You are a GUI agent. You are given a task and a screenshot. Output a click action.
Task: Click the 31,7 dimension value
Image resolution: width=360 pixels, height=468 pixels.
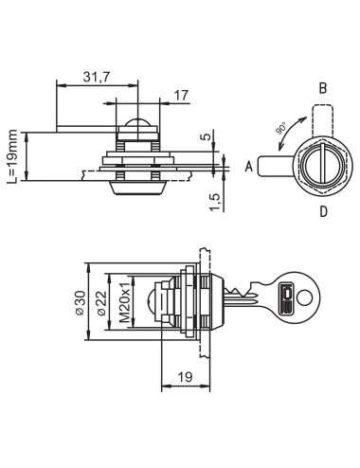(x=97, y=77)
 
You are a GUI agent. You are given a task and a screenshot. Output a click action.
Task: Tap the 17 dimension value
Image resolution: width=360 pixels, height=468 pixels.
(x=181, y=96)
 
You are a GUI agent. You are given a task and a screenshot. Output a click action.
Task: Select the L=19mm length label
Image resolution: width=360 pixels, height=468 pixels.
(x=13, y=156)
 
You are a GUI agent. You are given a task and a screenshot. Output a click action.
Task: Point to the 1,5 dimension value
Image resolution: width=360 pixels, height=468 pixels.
(x=215, y=202)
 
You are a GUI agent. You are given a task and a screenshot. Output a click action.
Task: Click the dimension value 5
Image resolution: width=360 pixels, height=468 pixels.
(x=206, y=137)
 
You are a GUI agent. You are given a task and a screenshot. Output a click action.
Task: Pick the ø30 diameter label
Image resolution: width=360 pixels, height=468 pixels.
(x=81, y=303)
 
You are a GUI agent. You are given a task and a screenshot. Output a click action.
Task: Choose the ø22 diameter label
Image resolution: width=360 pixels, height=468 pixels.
(x=102, y=303)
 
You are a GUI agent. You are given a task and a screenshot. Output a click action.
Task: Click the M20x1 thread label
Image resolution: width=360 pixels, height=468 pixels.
(x=125, y=302)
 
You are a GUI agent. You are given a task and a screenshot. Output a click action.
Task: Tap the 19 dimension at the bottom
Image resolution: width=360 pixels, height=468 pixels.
(x=185, y=377)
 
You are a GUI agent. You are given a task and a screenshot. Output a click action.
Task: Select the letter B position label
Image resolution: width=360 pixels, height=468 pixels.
(x=323, y=89)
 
